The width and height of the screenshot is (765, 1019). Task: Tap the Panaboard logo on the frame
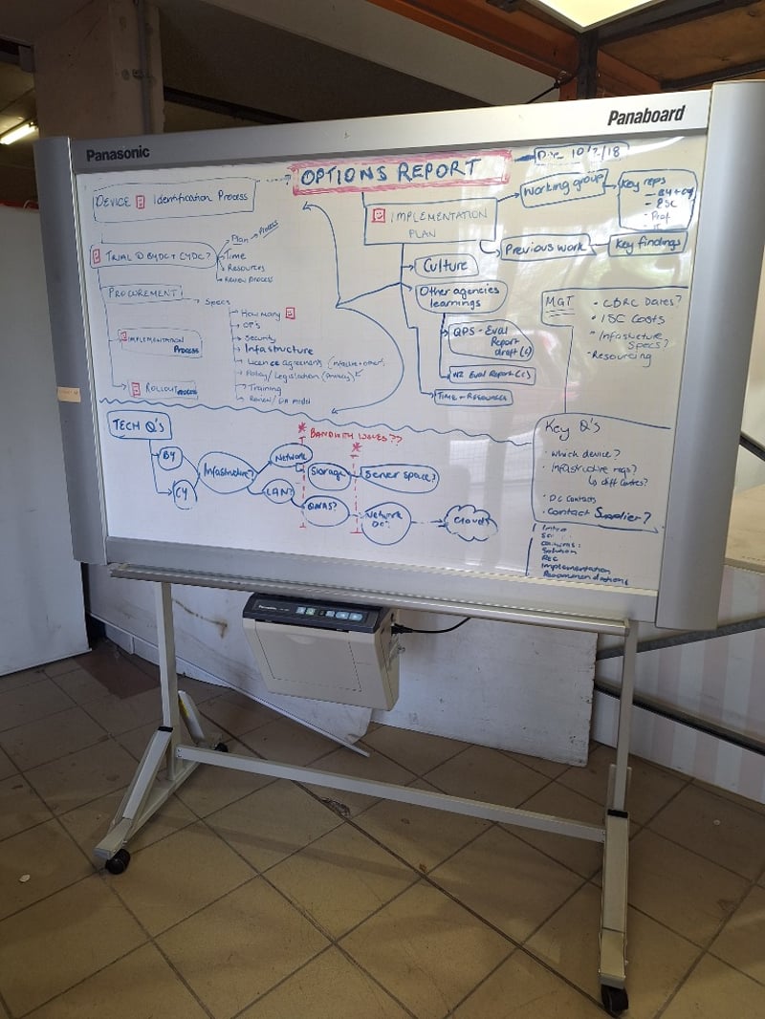click(646, 116)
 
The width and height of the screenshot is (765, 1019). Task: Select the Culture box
click(446, 266)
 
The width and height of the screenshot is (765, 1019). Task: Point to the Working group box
click(563, 187)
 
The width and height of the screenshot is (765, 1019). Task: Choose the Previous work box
click(546, 248)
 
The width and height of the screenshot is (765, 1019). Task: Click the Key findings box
click(648, 244)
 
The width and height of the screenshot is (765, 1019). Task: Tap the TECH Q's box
click(140, 425)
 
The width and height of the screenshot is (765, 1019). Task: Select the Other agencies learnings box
click(461, 297)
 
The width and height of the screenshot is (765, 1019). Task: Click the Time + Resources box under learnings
click(472, 397)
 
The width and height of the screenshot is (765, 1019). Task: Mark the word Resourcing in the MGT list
click(623, 356)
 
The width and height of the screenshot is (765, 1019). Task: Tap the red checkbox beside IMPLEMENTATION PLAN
click(378, 216)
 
